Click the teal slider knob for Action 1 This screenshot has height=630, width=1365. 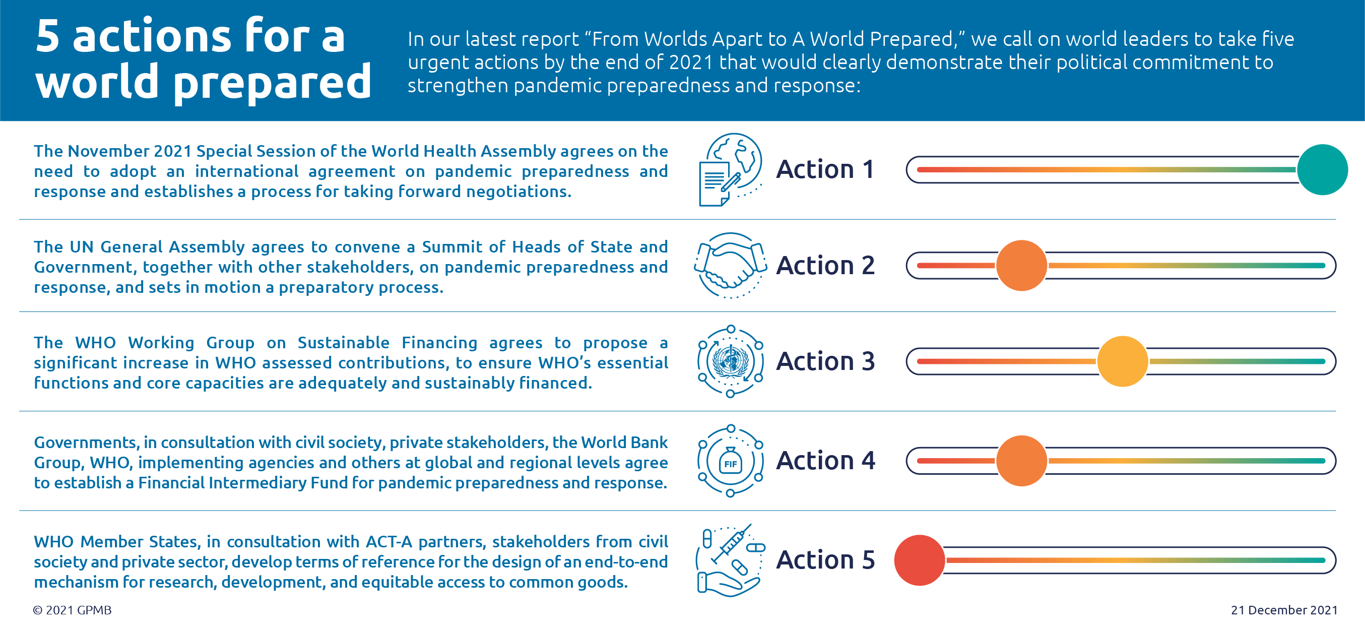(1322, 169)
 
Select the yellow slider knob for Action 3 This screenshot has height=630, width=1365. (1122, 361)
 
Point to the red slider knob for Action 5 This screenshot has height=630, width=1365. (920, 560)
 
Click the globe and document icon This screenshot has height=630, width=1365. (730, 169)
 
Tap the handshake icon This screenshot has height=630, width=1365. (730, 266)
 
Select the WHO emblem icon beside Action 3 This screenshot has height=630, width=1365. (730, 361)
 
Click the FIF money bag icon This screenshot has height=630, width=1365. (730, 461)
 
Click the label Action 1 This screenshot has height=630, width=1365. (825, 169)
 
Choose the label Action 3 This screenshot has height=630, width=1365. (825, 361)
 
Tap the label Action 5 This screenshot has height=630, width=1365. (825, 560)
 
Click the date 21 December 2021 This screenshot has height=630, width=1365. (1284, 610)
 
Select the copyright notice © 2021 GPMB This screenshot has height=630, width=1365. (72, 610)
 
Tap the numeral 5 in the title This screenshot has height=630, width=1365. (47, 35)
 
